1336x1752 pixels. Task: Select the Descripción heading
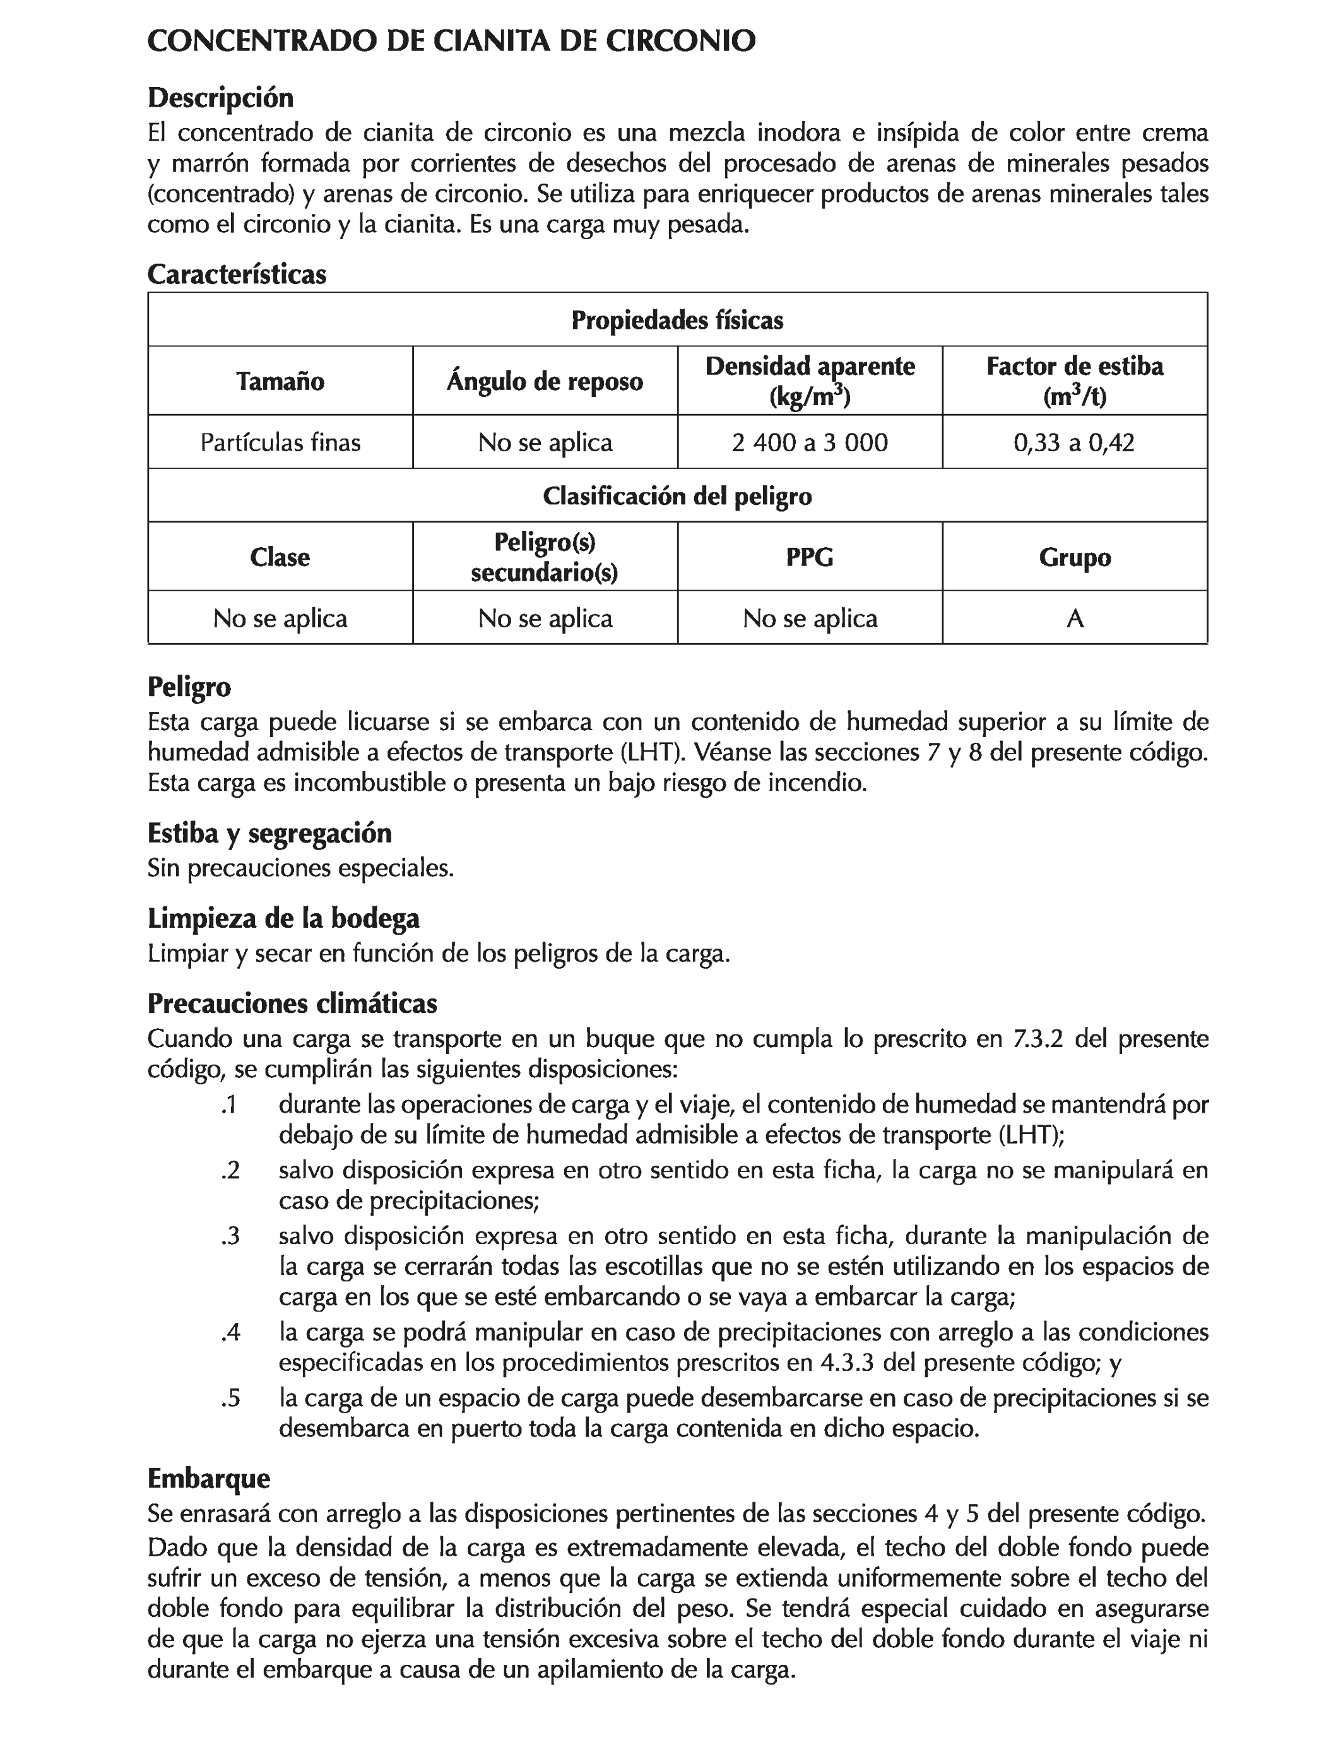coord(220,98)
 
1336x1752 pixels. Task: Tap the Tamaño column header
coord(280,381)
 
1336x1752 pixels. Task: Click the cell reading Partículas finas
coord(280,442)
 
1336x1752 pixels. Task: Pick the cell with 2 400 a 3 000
coord(810,442)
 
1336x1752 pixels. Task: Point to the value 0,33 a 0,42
coord(1073,442)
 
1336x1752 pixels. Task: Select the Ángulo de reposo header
coord(545,381)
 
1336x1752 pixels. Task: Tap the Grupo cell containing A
coord(1074,618)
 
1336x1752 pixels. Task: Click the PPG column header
coord(810,557)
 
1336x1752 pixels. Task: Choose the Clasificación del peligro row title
coord(678,496)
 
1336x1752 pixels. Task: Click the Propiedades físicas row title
coord(678,321)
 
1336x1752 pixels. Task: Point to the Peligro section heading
coord(189,686)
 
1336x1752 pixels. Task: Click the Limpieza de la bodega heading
coord(283,918)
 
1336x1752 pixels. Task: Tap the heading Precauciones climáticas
coord(292,1003)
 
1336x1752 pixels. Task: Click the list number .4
coord(230,1332)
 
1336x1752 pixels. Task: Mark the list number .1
coord(229,1104)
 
